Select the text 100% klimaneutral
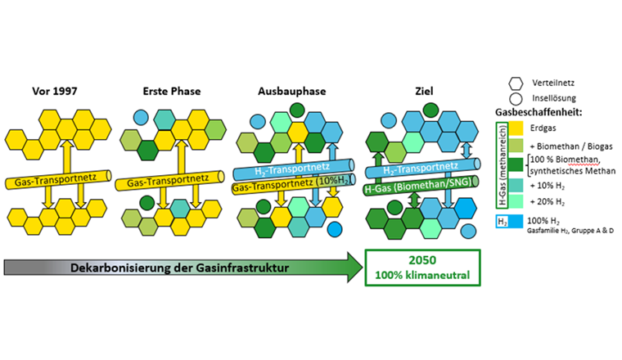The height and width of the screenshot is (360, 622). [422, 275]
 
